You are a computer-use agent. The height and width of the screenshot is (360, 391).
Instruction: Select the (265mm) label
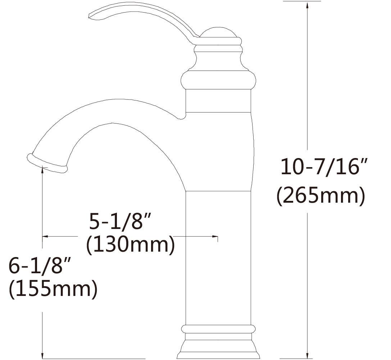pos(320,196)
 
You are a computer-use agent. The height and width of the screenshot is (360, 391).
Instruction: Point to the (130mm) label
pos(130,246)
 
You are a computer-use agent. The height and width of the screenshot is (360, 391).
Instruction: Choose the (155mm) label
pos(53,289)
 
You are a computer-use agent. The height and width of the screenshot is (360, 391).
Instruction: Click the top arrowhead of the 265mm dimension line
pos(307,5)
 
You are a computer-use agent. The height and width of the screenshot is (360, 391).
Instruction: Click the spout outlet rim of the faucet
pos(47,164)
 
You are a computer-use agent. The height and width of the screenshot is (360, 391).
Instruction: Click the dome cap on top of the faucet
pos(218,33)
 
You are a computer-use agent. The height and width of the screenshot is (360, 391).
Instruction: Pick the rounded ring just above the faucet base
pos(218,329)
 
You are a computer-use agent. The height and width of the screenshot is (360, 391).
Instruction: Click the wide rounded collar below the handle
pos(218,80)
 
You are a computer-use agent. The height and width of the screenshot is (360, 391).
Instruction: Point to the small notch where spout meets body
pos(182,117)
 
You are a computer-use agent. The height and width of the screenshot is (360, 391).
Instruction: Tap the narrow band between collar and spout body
pos(218,101)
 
